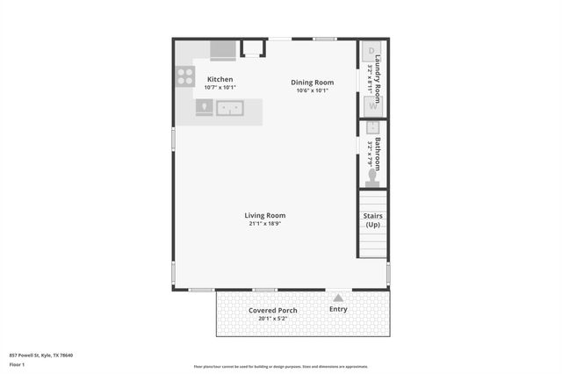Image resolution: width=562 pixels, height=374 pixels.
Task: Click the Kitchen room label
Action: pos(220,80)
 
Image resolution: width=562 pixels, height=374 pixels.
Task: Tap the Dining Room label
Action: pos(313,83)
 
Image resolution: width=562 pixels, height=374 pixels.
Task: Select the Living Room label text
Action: pos(264,215)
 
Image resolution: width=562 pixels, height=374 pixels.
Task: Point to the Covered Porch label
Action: pos(272,311)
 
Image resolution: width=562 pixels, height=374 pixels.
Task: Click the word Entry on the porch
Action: pos(338,309)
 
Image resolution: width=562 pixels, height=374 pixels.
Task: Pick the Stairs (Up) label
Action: pos(373,219)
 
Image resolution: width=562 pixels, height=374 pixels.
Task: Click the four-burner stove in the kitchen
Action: pos(185,76)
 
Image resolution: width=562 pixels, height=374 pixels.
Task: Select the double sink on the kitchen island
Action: pos(230,108)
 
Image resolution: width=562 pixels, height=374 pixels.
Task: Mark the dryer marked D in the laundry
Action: pos(371,51)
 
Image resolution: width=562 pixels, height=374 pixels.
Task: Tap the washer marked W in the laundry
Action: pos(371,106)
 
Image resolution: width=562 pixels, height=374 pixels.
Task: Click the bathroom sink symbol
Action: pos(371,128)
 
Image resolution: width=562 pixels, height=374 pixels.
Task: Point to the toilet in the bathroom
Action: pos(371,176)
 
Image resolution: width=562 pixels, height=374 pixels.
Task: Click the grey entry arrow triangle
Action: pos(337,298)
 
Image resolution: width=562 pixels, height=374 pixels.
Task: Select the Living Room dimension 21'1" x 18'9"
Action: pos(264,224)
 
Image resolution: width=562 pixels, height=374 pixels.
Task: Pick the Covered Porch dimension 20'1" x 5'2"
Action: pos(272,319)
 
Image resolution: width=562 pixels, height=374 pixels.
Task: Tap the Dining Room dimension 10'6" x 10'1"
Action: pos(313,90)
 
